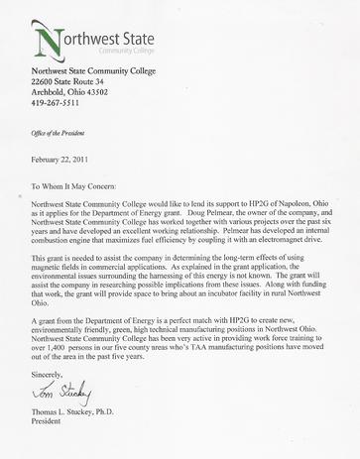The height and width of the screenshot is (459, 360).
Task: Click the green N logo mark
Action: [48, 37]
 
